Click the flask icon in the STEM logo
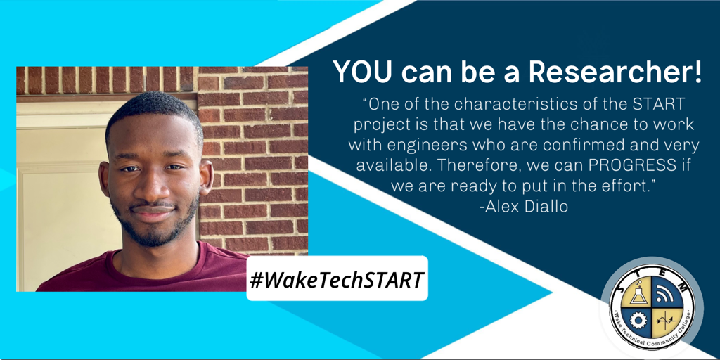pyautogui.click(x=638, y=295)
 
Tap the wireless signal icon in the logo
pyautogui.click(x=664, y=295)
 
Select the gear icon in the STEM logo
pyautogui.click(x=638, y=320)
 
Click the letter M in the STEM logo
pyautogui.click(x=683, y=288)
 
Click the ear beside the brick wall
pyautogui.click(x=206, y=176)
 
